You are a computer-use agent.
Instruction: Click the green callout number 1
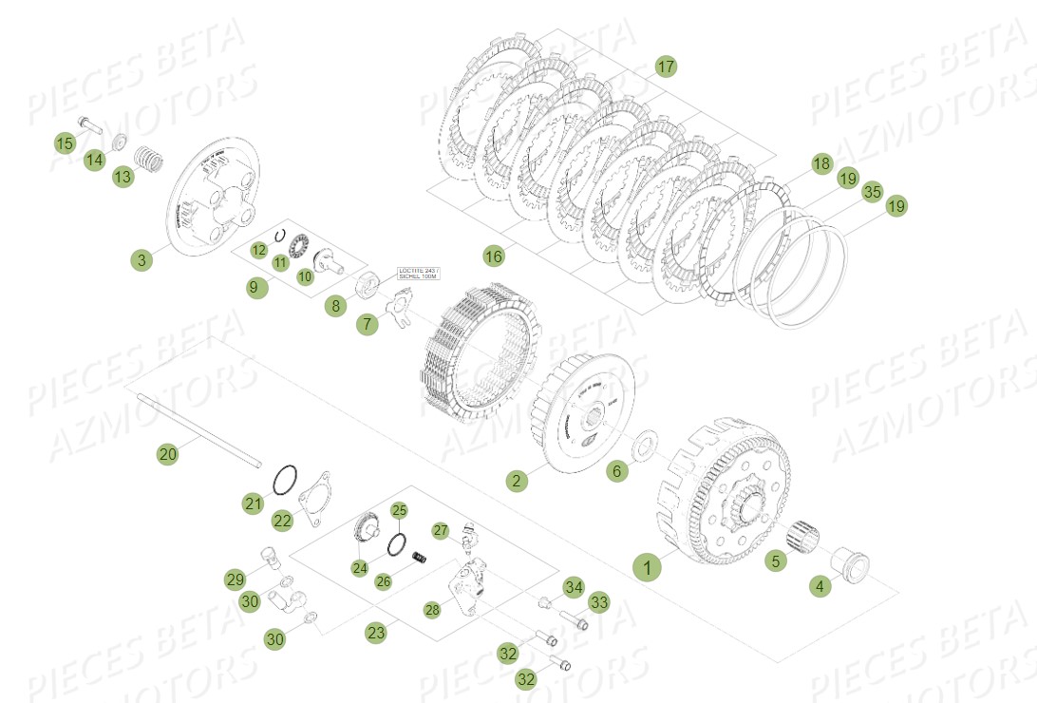648,567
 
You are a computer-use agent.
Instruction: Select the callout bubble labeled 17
665,66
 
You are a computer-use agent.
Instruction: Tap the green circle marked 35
872,193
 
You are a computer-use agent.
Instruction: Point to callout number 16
493,256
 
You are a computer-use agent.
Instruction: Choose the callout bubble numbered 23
377,633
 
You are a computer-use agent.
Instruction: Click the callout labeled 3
141,259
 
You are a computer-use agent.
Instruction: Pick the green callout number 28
432,610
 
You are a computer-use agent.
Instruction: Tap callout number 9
254,287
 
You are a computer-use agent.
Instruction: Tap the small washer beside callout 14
120,142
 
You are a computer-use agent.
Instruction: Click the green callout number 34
573,587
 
